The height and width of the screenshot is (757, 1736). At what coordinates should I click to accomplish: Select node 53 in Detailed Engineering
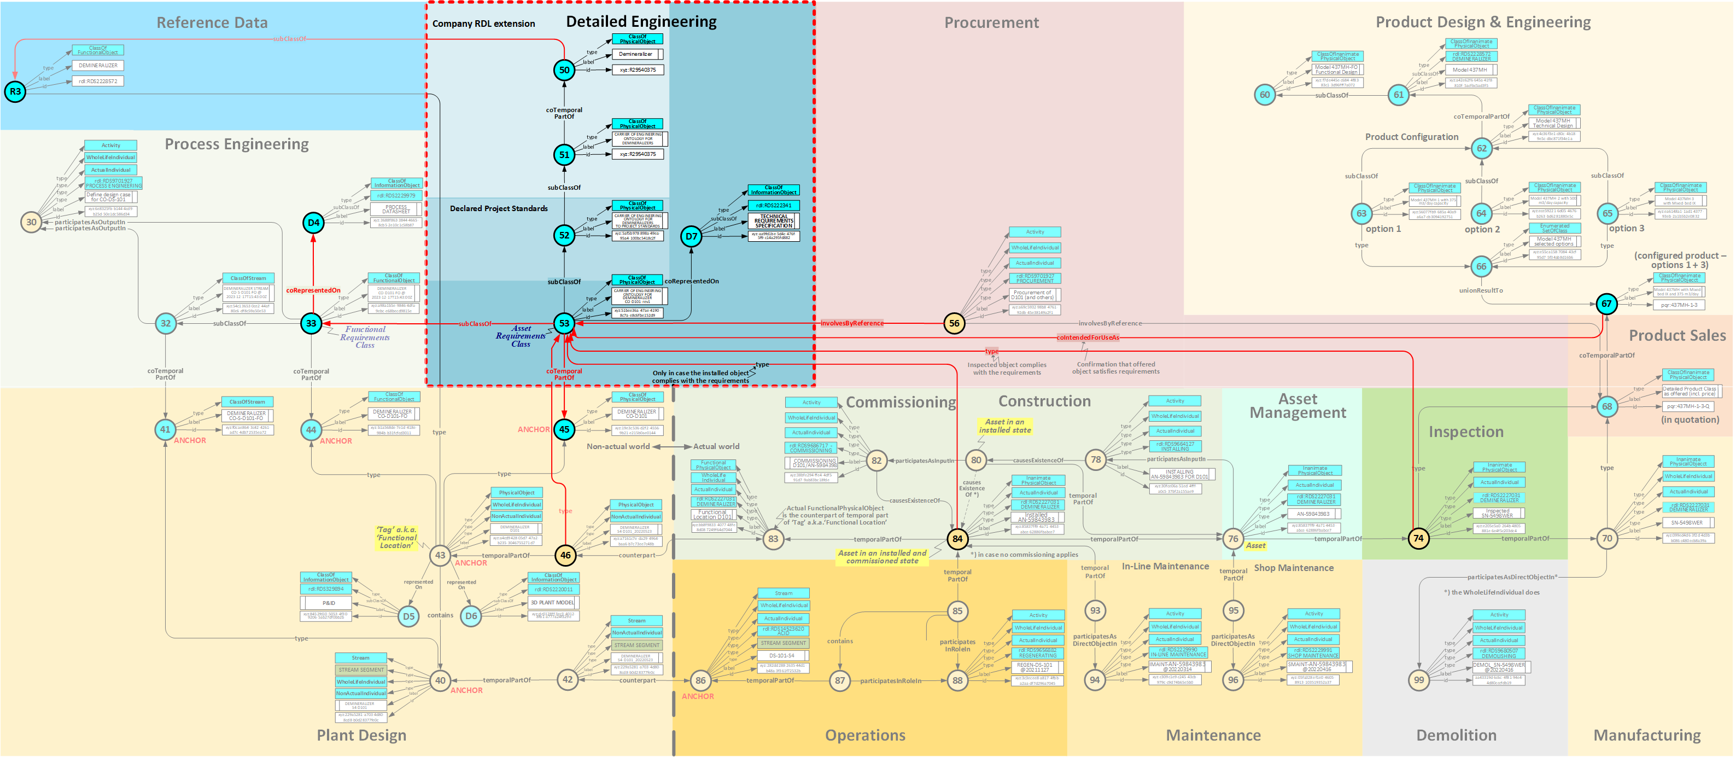564,324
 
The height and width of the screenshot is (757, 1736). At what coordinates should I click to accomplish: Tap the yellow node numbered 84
957,539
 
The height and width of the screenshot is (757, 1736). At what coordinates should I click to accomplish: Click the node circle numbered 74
1418,538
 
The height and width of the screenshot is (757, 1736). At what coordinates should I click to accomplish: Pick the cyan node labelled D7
691,236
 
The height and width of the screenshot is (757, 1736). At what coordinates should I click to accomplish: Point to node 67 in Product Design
1606,304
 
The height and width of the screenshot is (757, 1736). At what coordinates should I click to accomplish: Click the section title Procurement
991,23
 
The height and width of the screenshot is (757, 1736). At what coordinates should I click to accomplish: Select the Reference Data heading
212,23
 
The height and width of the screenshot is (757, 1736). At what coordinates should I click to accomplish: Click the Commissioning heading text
901,403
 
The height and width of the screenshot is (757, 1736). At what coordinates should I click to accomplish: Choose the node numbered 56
954,324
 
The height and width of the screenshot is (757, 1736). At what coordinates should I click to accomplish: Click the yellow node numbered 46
565,556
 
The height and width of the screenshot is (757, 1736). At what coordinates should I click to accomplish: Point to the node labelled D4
313,223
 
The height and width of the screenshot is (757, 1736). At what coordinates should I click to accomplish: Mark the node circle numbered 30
31,222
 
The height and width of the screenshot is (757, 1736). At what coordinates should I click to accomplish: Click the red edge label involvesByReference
852,324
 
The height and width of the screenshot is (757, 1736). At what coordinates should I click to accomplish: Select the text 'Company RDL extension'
483,24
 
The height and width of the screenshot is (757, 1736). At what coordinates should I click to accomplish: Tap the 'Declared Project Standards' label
499,209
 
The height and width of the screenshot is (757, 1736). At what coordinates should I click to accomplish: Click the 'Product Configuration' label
1411,137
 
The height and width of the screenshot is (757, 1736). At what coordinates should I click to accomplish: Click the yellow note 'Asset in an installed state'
1004,426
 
